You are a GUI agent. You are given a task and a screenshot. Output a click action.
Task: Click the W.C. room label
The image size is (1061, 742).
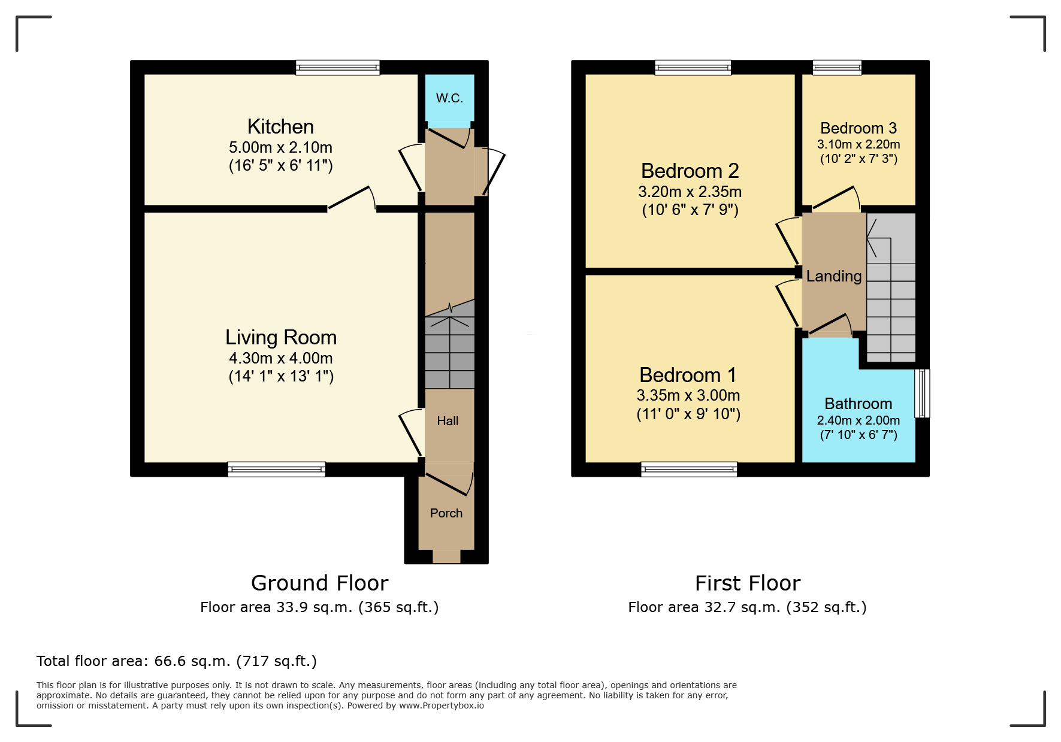tap(449, 98)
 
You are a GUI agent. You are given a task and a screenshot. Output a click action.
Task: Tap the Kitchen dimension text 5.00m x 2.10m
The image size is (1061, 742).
tap(280, 147)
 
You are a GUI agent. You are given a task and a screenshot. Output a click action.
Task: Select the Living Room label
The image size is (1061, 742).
tap(281, 337)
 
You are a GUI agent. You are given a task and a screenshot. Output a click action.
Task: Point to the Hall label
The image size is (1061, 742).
tap(448, 421)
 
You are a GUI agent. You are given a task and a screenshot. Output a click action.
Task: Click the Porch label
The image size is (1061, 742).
tap(446, 513)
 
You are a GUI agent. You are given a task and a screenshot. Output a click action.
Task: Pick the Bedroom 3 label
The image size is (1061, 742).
tap(859, 128)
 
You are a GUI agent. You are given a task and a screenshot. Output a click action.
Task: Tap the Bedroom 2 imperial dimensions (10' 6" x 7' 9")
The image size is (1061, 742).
tap(690, 210)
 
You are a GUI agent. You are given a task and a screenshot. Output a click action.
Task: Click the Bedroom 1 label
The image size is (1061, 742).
tap(688, 375)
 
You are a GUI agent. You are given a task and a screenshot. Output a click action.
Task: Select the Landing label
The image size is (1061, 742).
tap(834, 276)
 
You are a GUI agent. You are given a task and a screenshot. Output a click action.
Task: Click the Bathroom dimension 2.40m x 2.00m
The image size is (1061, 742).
tap(859, 420)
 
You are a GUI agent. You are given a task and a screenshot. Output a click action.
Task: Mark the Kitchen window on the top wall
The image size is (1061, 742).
tap(338, 67)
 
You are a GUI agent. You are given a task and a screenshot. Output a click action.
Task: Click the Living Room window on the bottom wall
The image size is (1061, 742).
tap(277, 470)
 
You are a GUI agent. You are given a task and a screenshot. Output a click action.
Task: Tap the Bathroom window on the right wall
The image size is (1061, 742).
tap(922, 393)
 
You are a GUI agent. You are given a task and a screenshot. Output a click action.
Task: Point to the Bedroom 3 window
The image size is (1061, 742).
tap(837, 67)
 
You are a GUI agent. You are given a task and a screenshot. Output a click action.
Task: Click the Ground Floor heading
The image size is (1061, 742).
tap(320, 583)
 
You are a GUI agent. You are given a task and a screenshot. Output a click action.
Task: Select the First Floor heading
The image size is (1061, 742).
tap(748, 583)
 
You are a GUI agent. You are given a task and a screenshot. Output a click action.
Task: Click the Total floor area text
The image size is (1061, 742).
tap(177, 661)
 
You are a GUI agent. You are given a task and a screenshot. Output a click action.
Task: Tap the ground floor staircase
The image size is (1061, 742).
tap(450, 344)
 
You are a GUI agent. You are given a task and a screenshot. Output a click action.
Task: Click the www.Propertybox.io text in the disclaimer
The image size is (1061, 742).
tap(442, 705)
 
